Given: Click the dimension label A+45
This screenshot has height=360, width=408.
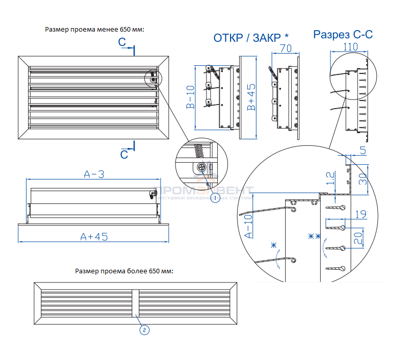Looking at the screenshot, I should pos(94,236).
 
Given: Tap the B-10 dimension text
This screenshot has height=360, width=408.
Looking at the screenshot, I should pos(189,96).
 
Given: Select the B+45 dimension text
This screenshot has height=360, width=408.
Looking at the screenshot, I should pos(251,97).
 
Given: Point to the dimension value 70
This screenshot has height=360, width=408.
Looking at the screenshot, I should pos(286,49).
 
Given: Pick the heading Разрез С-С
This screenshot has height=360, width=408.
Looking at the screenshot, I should pos(343,35).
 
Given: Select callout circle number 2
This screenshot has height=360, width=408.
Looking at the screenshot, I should pos(144,330).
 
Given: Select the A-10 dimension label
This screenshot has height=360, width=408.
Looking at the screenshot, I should pos(248,227).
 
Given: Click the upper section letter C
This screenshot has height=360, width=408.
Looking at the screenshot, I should pos(123,43).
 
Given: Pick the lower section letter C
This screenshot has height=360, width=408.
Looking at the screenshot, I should pos(124,153).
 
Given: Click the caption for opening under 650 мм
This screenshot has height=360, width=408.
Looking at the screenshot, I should pos(95,29).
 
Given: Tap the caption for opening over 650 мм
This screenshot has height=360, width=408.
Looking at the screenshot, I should pos(124,271).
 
